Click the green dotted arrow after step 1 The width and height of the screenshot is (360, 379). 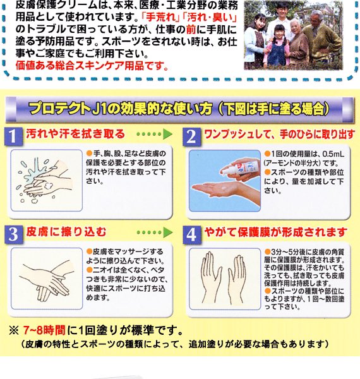coord(155,135)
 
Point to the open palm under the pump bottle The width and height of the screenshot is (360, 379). coord(218,189)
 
